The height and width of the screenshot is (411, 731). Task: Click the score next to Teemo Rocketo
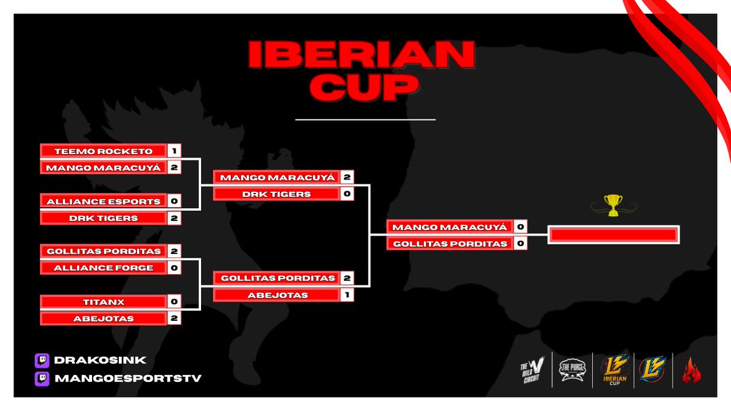click(174, 151)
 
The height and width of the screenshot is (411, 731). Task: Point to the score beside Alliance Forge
click(174, 268)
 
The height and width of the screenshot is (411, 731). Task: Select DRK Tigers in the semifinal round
click(276, 194)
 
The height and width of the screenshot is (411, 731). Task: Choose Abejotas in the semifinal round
click(276, 295)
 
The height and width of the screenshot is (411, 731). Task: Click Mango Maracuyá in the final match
click(449, 227)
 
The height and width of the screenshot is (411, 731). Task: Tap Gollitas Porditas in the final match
click(449, 244)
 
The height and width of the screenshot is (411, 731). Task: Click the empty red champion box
click(613, 235)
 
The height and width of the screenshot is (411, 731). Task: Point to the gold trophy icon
click(613, 204)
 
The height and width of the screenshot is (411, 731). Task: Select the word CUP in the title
click(361, 88)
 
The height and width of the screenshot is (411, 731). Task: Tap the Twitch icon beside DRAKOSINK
click(42, 360)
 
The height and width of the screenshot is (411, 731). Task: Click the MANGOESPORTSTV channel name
click(128, 379)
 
